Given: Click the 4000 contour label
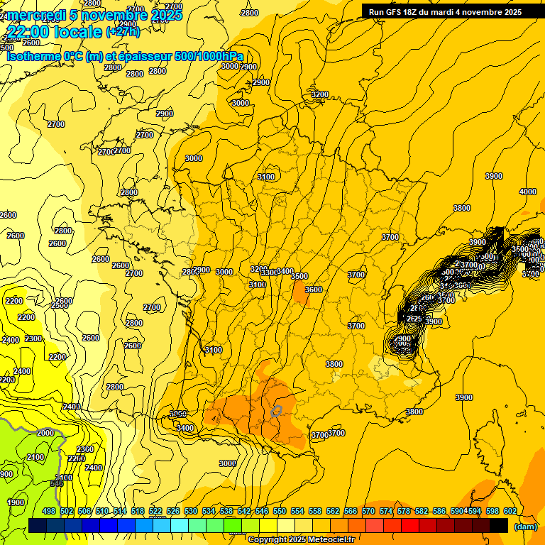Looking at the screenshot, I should [527, 192].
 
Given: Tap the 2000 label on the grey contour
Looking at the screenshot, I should [45, 432].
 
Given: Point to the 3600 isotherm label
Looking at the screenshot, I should [313, 290].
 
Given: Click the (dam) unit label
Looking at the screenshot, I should [525, 527].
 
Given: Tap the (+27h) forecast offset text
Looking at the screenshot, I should [123, 32].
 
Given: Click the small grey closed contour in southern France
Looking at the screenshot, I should [276, 410].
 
